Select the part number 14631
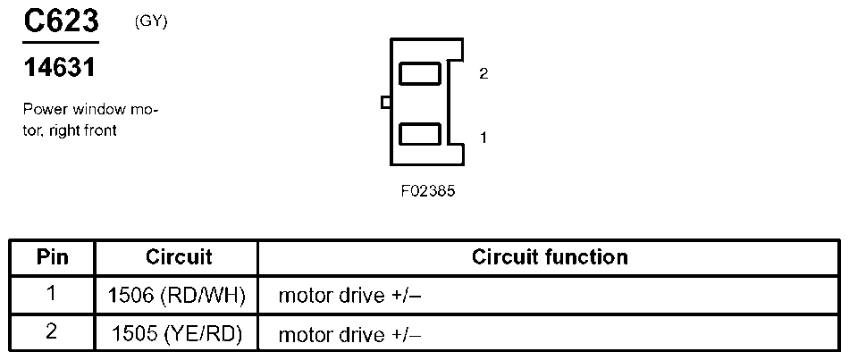tap(59, 68)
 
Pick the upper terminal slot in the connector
tap(419, 72)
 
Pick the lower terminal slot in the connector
tap(419, 135)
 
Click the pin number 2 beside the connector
tap(483, 74)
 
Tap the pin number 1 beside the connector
tap(483, 138)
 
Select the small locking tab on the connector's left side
tap(385, 103)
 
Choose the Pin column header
tap(52, 257)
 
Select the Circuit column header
tap(178, 257)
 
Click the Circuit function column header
tap(550, 257)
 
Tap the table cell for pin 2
tap(52, 333)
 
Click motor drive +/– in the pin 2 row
tap(349, 335)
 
